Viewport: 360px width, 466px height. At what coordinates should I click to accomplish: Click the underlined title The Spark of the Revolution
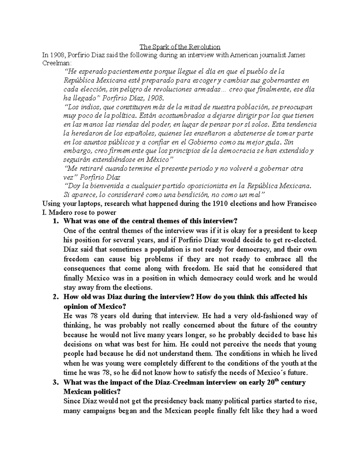pyautogui.click(x=180, y=47)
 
